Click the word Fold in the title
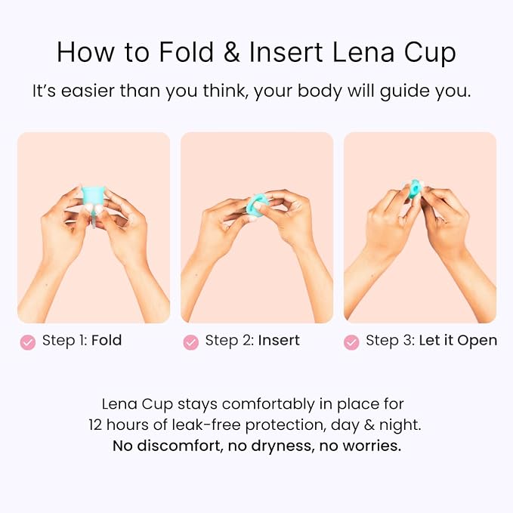(187, 52)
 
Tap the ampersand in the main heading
(232, 52)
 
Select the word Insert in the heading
(286, 52)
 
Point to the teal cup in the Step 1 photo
(93, 196)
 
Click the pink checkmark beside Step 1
(28, 342)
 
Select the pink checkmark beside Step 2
(191, 342)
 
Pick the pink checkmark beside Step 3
(352, 342)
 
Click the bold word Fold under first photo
(107, 340)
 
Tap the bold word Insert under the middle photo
(279, 340)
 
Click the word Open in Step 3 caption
(477, 341)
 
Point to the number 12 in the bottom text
(95, 425)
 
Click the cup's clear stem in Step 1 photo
(93, 218)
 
